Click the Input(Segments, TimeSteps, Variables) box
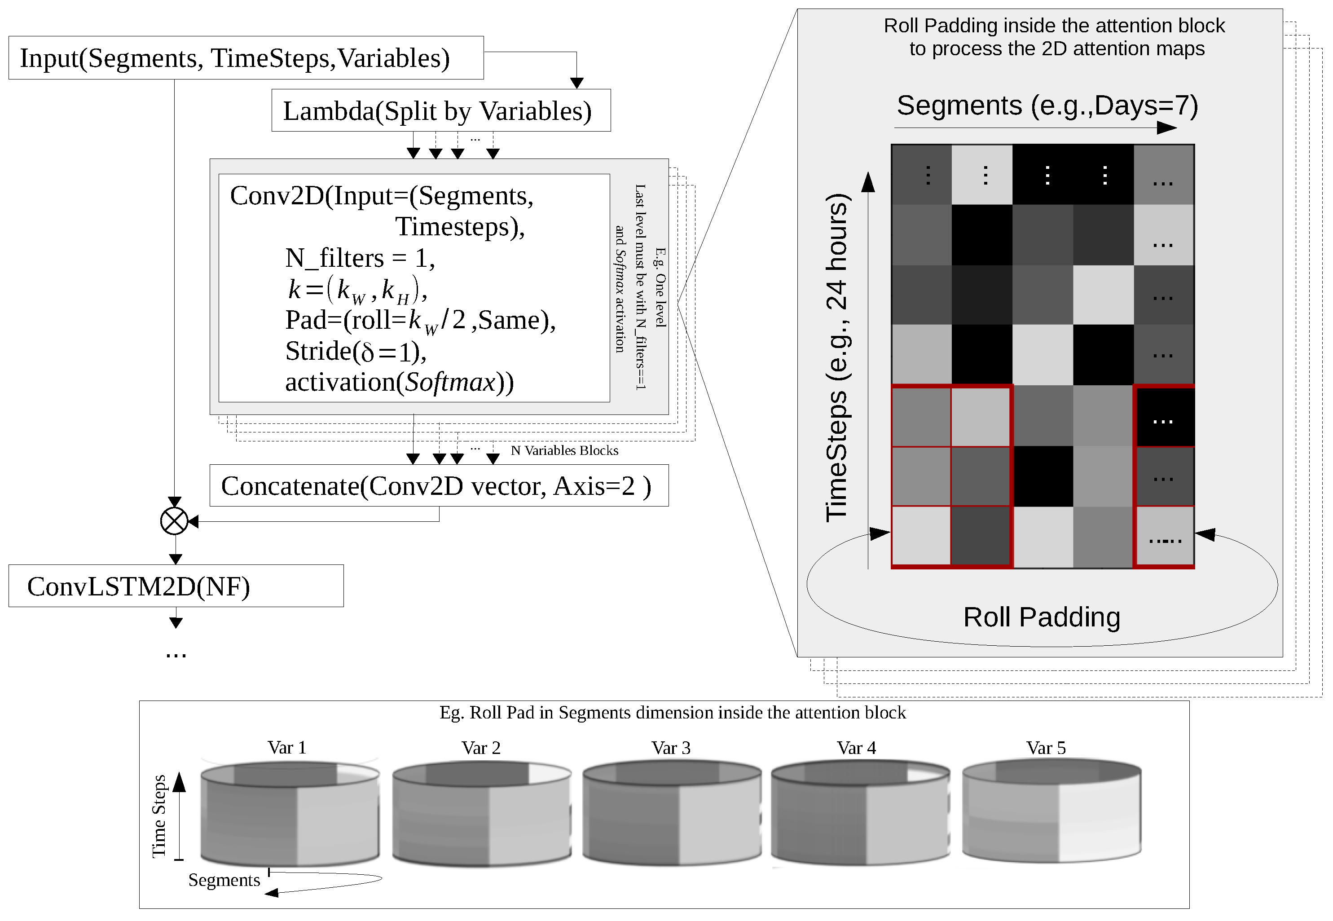pos(246,58)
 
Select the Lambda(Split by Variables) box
pos(441,111)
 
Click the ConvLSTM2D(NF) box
pos(176,586)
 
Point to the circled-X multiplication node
pos(174,522)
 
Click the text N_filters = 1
pos(360,258)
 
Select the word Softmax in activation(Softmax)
pos(450,382)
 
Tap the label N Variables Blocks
pos(564,451)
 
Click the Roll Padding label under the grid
pos(1042,617)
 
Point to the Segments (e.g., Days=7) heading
pos(1047,106)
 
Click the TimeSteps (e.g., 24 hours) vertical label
pos(836,358)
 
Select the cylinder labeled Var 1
pos(290,814)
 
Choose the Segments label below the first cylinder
pos(224,880)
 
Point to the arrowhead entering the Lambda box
pos(576,83)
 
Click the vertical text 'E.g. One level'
pos(660,287)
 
